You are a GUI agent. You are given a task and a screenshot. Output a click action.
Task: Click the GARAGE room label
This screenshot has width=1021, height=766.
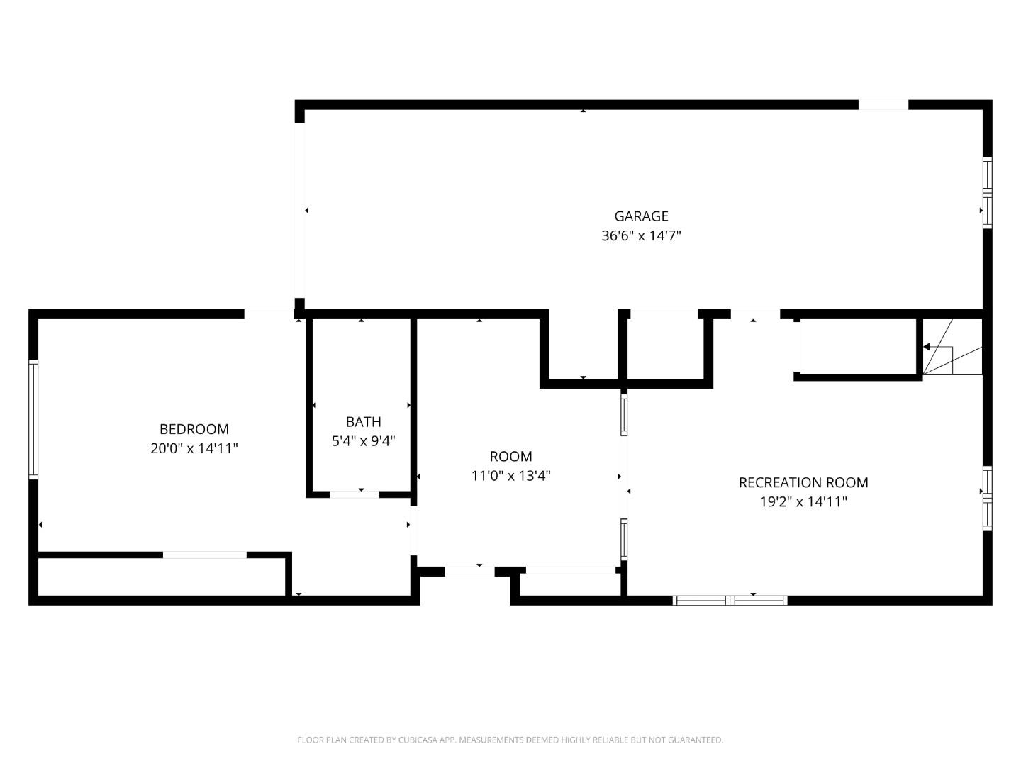tap(641, 216)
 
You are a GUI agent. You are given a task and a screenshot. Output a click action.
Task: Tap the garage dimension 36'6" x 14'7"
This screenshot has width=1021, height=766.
tap(641, 236)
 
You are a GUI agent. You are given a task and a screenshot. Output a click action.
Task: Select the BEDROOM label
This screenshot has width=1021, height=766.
tap(194, 429)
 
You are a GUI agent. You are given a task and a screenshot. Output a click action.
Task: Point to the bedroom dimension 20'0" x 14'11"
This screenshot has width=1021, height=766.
tap(194, 449)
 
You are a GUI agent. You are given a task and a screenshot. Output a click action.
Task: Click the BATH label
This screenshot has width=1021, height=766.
tap(363, 422)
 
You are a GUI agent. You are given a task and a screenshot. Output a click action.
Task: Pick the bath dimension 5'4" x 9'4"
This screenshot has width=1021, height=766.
tap(363, 441)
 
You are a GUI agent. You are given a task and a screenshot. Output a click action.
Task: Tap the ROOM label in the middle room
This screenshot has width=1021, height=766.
tap(510, 457)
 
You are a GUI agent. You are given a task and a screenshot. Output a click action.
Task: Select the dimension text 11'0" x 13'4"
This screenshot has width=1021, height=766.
tap(510, 476)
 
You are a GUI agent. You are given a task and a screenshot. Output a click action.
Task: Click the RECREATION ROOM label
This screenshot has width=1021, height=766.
tap(803, 483)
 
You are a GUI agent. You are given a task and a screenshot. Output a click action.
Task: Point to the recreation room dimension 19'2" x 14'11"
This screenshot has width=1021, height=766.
tap(803, 502)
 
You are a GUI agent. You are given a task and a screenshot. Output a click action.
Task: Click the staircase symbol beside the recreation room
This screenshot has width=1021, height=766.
tap(952, 348)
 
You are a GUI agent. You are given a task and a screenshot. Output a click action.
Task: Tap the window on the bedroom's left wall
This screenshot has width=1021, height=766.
tap(33, 419)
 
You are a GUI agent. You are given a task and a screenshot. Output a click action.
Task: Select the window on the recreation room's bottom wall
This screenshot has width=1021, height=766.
tap(730, 601)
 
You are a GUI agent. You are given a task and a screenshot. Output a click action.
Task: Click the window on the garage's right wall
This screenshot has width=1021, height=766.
tap(986, 193)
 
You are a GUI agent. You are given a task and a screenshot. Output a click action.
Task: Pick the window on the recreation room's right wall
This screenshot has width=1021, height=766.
tap(986, 498)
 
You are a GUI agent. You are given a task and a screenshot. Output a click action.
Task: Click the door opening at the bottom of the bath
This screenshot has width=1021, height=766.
tap(355, 494)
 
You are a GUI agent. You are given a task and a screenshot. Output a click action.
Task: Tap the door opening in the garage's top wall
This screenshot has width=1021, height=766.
tap(883, 105)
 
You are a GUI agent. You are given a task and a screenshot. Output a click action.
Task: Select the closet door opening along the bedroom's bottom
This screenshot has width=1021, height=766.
tap(205, 555)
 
